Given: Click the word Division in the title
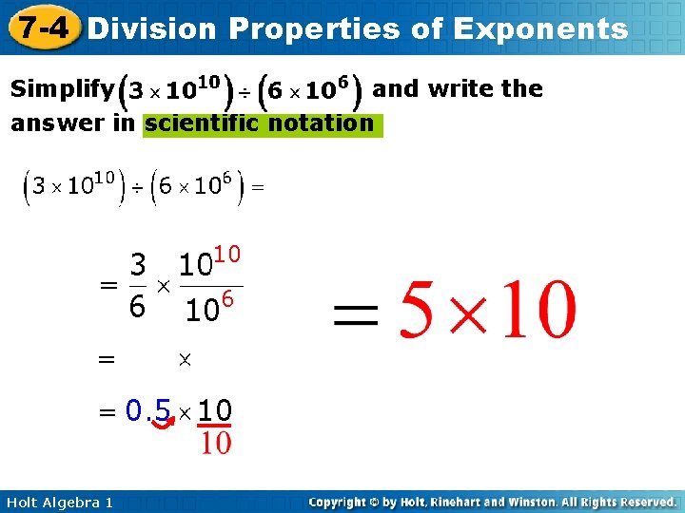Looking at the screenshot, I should [151, 28].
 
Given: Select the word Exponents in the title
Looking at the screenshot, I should [540, 28].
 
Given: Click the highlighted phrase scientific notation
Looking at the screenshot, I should [260, 123].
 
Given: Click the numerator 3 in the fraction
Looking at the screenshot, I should [138, 265].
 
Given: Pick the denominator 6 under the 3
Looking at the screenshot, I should [138, 307].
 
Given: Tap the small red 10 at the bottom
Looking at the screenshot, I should [216, 442].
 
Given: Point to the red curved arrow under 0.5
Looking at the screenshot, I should [164, 434].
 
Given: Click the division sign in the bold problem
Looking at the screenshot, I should [245, 93].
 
